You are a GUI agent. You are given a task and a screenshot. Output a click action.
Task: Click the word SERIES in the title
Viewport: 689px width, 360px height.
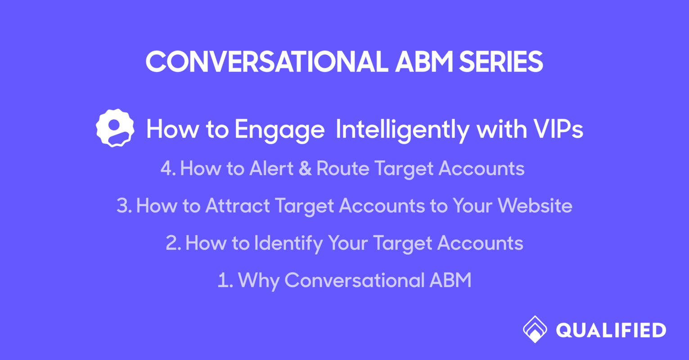(500, 62)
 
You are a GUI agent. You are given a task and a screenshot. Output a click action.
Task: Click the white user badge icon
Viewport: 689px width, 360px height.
(115, 128)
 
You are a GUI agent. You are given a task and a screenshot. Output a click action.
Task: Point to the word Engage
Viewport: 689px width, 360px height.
(279, 130)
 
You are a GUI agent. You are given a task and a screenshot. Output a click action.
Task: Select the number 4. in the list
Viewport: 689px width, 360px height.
(168, 169)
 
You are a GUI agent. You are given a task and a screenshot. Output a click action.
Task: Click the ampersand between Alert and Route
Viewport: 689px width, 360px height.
(305, 169)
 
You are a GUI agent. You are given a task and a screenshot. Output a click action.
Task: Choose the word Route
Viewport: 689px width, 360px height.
(343, 169)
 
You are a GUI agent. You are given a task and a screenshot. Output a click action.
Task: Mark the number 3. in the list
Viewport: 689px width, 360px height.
(124, 206)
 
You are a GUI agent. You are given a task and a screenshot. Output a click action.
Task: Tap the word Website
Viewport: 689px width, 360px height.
(535, 206)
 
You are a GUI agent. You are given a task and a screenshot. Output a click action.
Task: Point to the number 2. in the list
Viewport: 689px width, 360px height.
(173, 243)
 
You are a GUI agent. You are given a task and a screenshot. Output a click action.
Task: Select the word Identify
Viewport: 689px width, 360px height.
(288, 244)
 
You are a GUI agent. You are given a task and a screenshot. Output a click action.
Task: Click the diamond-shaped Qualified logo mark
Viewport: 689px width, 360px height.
(535, 329)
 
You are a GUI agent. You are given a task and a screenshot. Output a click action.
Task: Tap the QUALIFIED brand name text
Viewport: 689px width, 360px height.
(611, 330)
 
